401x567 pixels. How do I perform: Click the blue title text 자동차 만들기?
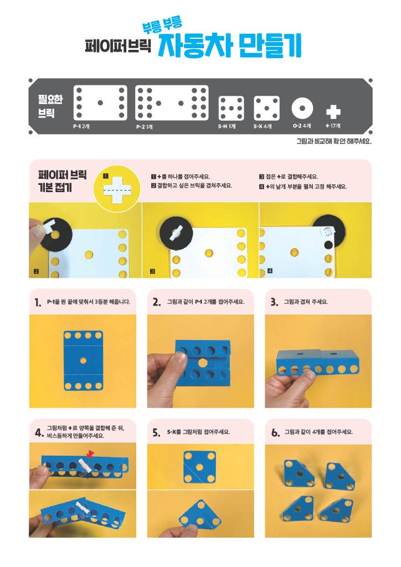click(230, 47)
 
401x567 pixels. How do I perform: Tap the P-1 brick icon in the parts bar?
click(100, 102)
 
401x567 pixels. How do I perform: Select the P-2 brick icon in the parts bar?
click(172, 103)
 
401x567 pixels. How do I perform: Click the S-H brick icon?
click(231, 108)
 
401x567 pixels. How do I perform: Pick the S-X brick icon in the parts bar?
click(266, 108)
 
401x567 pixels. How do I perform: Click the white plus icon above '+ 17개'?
click(333, 112)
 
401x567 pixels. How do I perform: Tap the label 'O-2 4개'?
click(302, 126)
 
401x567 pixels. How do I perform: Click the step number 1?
click(38, 302)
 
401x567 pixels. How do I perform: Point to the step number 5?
click(156, 432)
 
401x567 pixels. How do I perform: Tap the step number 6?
click(275, 432)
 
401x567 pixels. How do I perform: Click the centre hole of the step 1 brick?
click(83, 360)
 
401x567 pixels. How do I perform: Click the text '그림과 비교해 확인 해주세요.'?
click(334, 141)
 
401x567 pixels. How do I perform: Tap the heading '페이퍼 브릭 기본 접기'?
click(62, 182)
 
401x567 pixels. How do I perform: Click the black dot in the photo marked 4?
click(327, 245)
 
